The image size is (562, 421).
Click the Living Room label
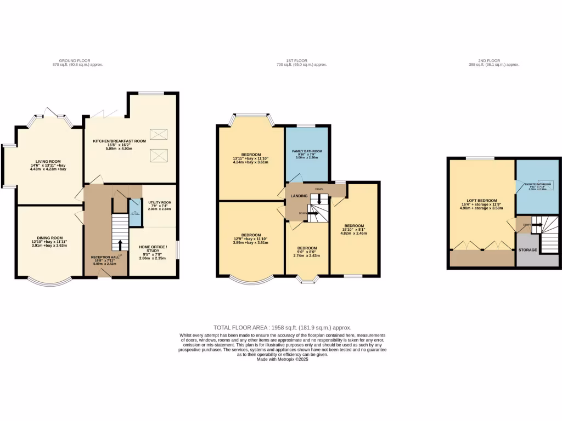point(48,161)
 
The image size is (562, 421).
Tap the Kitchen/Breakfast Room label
point(119,141)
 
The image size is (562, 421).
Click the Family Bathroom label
point(307,151)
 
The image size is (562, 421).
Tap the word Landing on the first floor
point(299,195)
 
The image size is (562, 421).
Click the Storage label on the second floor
point(527,249)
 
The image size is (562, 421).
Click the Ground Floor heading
point(74,60)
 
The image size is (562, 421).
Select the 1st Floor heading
point(301,60)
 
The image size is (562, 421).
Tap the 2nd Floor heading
point(493,60)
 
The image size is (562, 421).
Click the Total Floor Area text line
point(282,327)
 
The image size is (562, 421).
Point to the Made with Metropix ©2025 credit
point(282,360)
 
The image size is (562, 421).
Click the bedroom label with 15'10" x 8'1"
point(353,226)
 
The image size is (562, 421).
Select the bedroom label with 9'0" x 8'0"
point(307,247)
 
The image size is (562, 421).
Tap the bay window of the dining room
point(50,282)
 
